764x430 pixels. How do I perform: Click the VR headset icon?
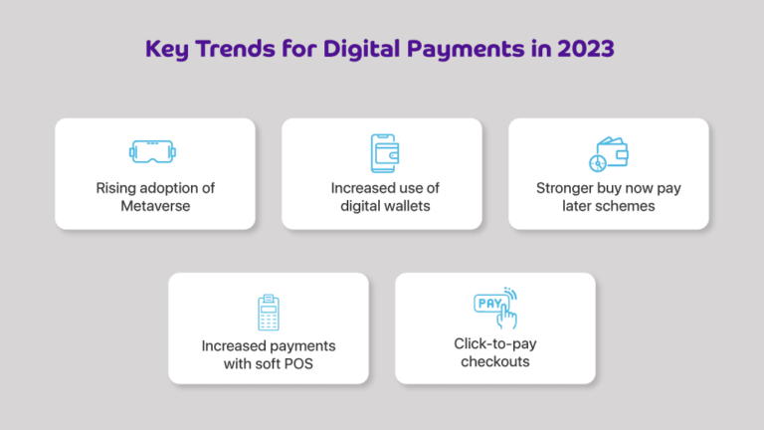[x=154, y=151]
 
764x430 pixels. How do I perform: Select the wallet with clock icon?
[x=609, y=152]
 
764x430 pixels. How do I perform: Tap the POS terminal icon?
[x=268, y=312]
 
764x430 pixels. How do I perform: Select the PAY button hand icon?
[x=495, y=308]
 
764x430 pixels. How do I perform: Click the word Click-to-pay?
[x=494, y=344]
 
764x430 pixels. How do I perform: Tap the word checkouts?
[x=494, y=361]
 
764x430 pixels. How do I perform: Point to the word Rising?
[x=117, y=187]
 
